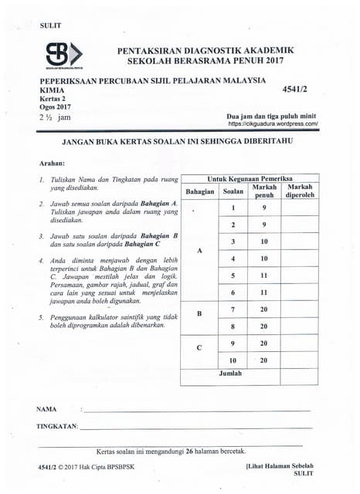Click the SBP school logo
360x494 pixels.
click(63, 56)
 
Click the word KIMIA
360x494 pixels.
click(53, 90)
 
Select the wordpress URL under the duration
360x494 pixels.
click(273, 123)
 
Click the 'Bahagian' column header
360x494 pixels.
click(200, 191)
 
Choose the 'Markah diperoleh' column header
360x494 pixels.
click(300, 191)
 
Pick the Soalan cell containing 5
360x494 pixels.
click(233, 276)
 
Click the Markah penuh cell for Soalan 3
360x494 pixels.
click(264, 242)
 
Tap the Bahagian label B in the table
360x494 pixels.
click(200, 313)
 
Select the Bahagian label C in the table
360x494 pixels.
click(200, 347)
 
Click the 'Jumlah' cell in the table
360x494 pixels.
click(230, 374)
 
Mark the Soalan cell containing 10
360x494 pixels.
click(233, 360)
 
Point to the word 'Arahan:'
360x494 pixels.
click(52, 164)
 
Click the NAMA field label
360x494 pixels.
click(47, 408)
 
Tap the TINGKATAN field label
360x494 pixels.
click(57, 426)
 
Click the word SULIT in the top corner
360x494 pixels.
click(50, 26)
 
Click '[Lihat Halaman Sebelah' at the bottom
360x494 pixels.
click(279, 467)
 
